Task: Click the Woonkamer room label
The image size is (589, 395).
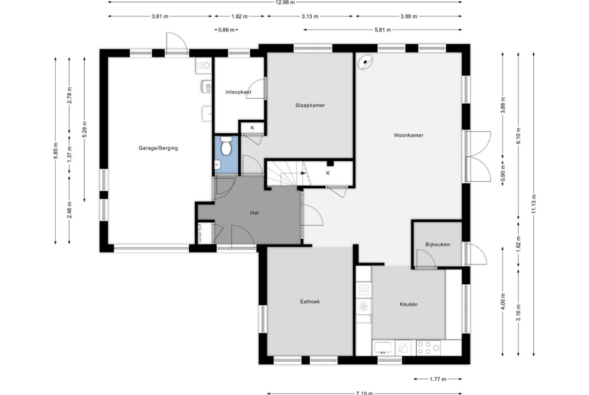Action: coord(408,135)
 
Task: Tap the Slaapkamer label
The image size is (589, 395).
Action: coord(310,105)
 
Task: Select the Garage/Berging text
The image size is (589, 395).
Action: coord(158,148)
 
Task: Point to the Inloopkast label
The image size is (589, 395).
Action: coord(239,92)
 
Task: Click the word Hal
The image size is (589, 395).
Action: coord(254,213)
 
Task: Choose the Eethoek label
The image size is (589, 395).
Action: coord(310,302)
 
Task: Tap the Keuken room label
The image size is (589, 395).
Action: coord(408,304)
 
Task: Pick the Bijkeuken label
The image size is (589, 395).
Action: coord(438,245)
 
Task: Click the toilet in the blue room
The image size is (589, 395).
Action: coord(226,146)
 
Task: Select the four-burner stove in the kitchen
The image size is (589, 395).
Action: coord(428,348)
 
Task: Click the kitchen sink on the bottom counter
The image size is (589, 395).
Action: coord(383,348)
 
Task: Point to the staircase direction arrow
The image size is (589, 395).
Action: coord(303,173)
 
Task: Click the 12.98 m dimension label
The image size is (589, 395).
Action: coord(285,3)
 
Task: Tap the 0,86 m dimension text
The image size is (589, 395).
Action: coord(226,29)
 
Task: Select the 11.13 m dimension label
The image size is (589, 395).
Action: coord(534,204)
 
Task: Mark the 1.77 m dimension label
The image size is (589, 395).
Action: coord(438,379)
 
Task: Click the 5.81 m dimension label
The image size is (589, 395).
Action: coord(382,29)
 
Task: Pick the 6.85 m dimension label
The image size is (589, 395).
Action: coord(56,151)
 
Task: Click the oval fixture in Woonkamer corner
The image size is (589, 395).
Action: coord(366,62)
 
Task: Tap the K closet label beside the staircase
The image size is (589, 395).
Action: coord(328,173)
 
